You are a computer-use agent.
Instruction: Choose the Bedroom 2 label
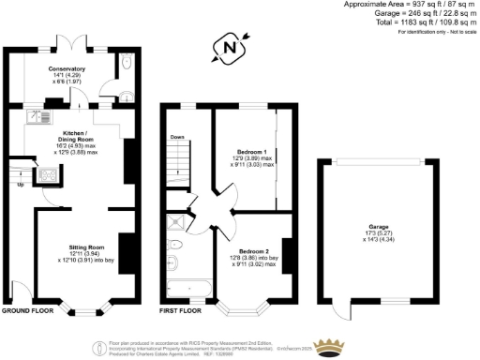254,251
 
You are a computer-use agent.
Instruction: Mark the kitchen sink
41,118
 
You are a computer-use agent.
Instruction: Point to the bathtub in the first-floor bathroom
187,286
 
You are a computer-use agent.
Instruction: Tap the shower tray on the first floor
174,223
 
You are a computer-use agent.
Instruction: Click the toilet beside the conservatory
126,66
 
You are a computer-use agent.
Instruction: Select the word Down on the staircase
177,138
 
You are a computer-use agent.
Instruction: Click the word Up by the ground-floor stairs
22,184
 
